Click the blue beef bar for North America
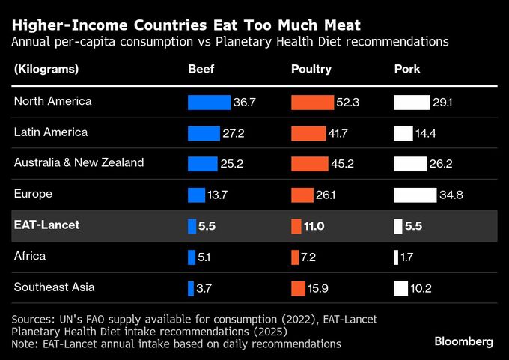209,102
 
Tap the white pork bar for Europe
415,195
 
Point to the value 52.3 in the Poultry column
348,102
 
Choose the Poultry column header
311,70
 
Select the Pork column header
407,70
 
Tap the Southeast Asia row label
55,287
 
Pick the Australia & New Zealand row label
79,162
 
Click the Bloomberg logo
464,341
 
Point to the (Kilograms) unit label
46,70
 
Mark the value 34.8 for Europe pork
451,195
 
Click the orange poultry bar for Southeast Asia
298,288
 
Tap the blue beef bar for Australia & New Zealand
202,164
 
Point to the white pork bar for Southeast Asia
400,288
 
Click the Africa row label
30,256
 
